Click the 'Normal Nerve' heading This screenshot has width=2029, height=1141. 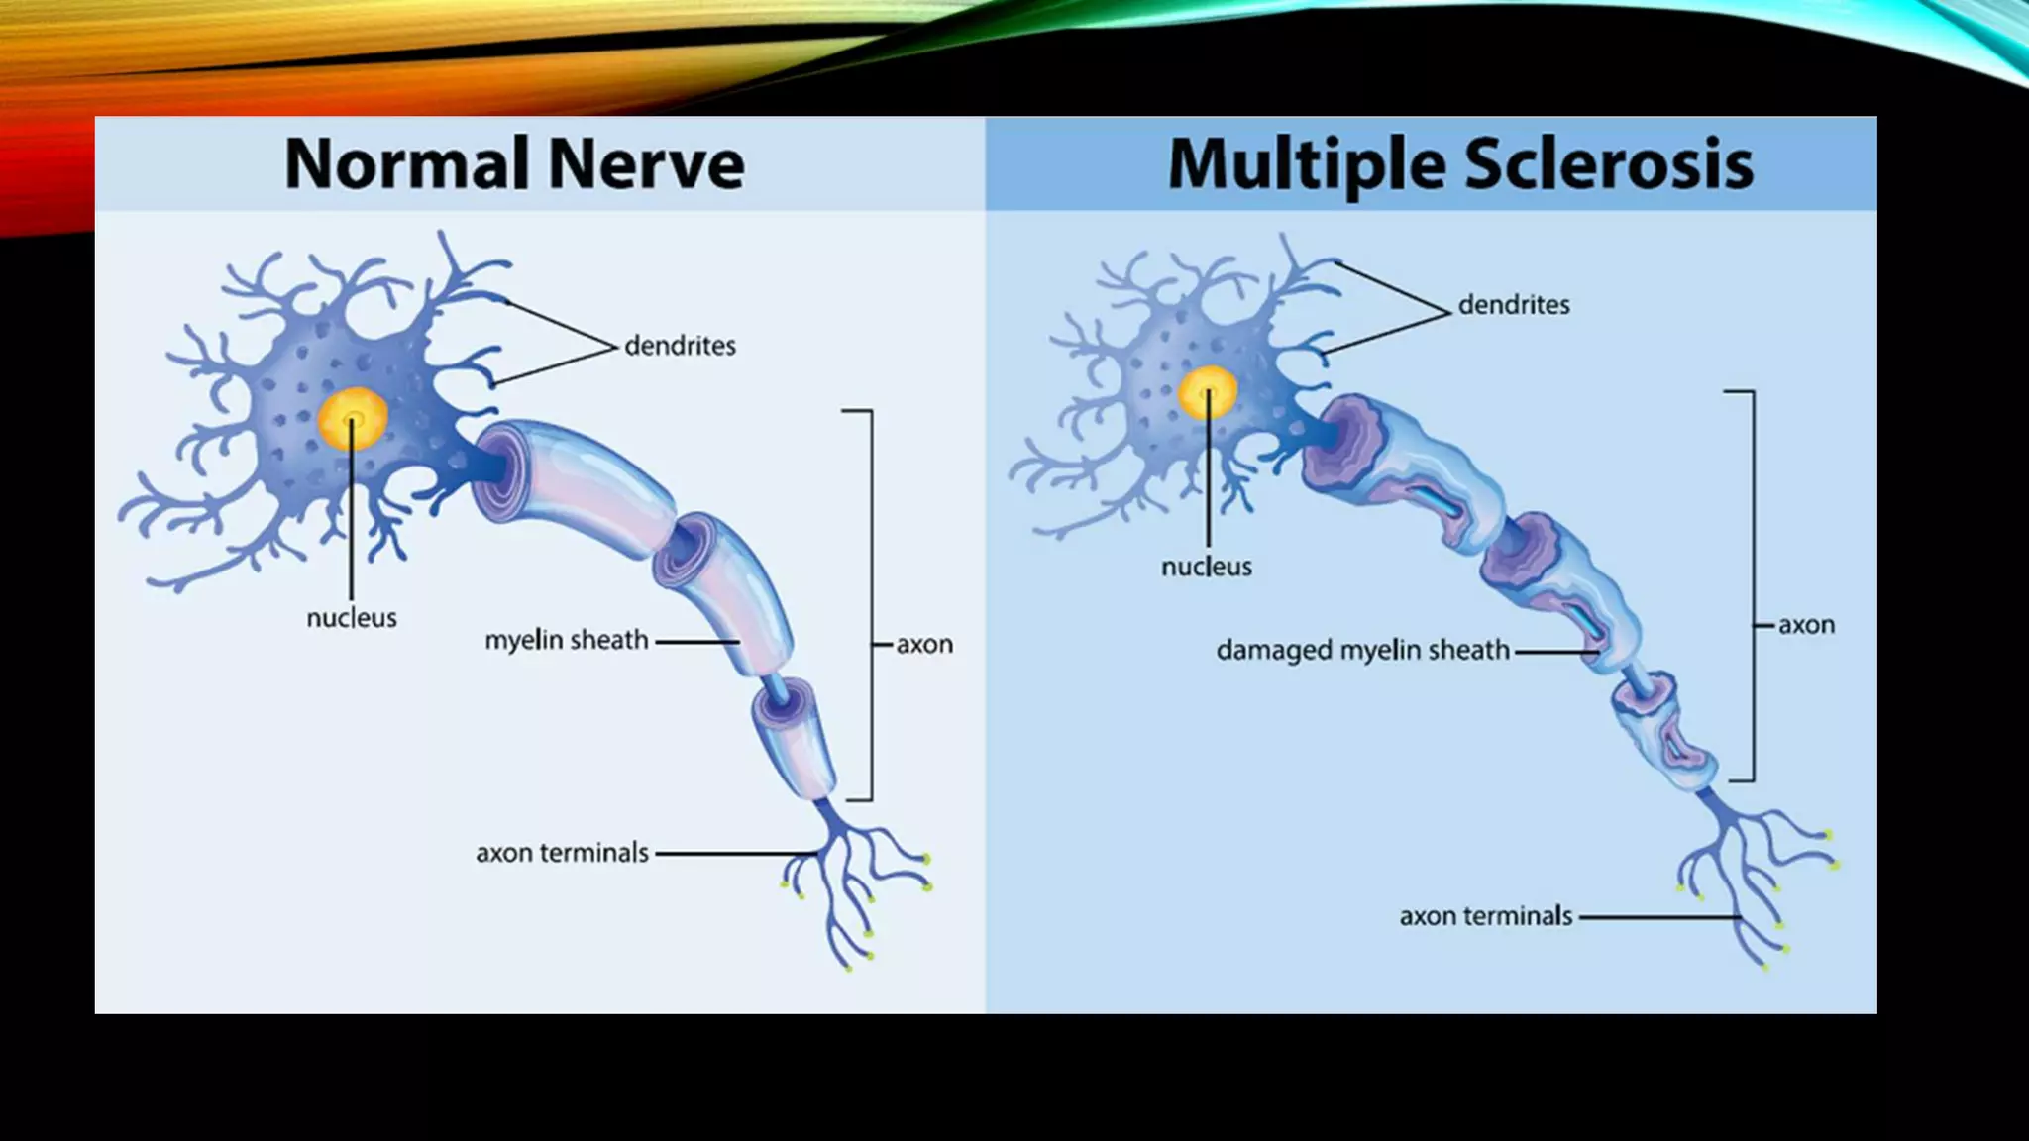(x=514, y=163)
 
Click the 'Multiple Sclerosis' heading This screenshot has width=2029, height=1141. (x=1460, y=163)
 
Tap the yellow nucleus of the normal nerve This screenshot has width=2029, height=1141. (x=353, y=419)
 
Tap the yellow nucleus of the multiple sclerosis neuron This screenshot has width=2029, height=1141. (x=1208, y=392)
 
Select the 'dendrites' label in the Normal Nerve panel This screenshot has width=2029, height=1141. (x=680, y=346)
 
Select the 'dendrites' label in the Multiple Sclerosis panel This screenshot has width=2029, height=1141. (x=1514, y=305)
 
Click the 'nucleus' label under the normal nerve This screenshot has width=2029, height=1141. (x=352, y=618)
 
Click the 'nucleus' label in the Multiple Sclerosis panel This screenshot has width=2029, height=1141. (x=1207, y=567)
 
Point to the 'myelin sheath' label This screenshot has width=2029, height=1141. (x=567, y=641)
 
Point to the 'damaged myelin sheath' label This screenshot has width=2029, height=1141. (x=1362, y=651)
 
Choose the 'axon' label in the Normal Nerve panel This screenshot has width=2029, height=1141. (x=924, y=644)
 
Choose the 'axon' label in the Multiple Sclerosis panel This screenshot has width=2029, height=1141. (x=1806, y=625)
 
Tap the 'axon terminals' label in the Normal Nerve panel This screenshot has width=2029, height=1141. (x=562, y=853)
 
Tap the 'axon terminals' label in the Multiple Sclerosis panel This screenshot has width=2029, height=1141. (x=1485, y=916)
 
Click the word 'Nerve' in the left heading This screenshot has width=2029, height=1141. (x=646, y=163)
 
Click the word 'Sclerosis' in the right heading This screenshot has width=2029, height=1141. (x=1609, y=163)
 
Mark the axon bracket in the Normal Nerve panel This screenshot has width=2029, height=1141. (x=870, y=604)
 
